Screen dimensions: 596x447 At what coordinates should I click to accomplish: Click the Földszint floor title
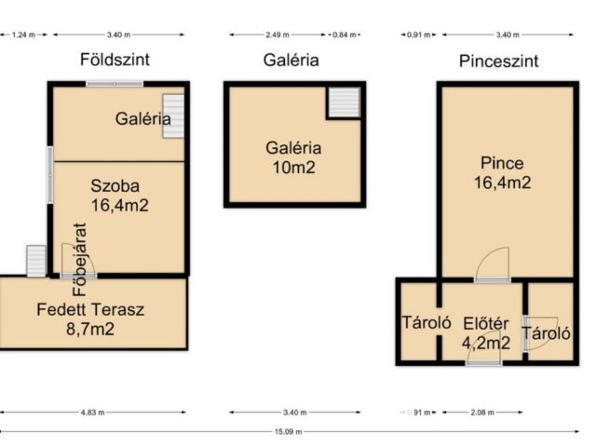[x=115, y=60]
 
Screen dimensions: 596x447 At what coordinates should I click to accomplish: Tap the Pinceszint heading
[x=499, y=61]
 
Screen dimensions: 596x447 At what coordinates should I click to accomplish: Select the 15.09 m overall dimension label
[x=289, y=431]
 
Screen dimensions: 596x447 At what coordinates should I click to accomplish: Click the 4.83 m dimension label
[x=93, y=412]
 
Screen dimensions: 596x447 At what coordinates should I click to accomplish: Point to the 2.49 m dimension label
[x=278, y=35]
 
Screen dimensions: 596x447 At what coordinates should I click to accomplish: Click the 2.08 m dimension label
[x=482, y=412]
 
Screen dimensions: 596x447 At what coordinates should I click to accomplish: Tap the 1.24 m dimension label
[x=23, y=35]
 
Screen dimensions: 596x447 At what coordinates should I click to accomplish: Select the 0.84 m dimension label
[x=345, y=35]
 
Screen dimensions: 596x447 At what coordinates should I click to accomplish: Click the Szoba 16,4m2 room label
[x=119, y=196]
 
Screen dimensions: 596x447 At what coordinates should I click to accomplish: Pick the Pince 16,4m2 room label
[x=502, y=173]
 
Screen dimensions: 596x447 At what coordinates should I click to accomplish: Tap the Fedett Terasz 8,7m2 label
[x=90, y=319]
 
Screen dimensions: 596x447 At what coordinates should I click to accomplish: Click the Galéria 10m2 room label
[x=293, y=157]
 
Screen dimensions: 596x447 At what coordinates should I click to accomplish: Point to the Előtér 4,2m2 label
[x=486, y=333]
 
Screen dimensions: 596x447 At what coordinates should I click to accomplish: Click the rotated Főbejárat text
[x=80, y=259]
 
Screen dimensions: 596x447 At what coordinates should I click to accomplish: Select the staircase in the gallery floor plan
[x=344, y=102]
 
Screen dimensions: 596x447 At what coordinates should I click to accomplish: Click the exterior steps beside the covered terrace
[x=36, y=261]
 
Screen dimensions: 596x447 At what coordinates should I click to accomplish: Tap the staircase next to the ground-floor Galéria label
[x=174, y=115]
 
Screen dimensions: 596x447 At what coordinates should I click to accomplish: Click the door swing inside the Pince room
[x=492, y=264]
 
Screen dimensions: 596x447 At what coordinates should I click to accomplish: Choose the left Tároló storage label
[x=427, y=323]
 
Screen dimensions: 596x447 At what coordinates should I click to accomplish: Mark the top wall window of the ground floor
[x=115, y=84]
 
